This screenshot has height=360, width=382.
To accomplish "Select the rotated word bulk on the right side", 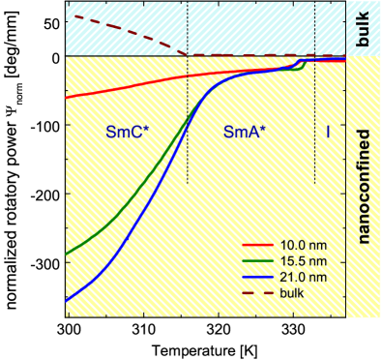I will pos(362,29).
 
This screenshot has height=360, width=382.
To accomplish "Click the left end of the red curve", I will pos(66,97).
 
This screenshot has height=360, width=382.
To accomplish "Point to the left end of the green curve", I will pos(66,255).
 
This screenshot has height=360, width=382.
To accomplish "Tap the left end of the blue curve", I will pos(66,301).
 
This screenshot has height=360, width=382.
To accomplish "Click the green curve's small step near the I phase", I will pos(305,68).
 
